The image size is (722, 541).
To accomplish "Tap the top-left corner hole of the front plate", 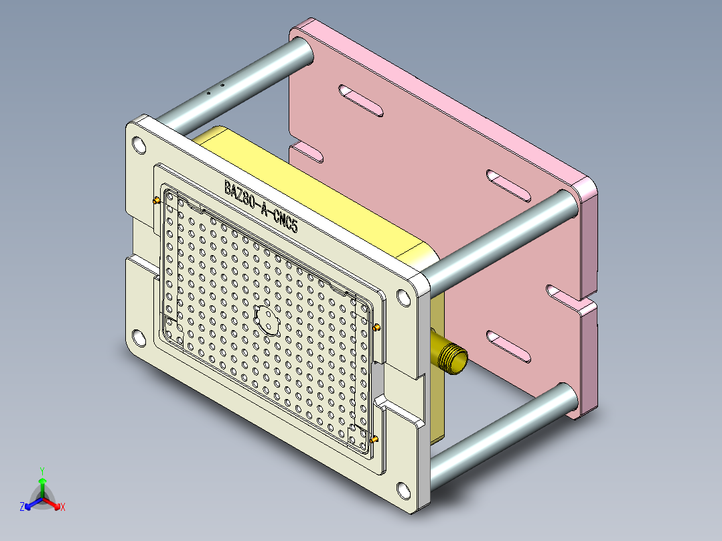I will (139, 145).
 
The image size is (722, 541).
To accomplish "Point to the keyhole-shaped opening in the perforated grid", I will (267, 319).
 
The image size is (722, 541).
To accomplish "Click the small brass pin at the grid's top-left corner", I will (156, 200).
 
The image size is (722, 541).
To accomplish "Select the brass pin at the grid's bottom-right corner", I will (374, 440).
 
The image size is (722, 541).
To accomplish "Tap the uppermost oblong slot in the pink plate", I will (361, 100).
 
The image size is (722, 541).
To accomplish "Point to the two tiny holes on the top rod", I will (214, 90).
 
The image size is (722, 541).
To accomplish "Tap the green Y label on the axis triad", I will (42, 471).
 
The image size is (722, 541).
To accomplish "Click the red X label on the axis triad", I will (63, 507).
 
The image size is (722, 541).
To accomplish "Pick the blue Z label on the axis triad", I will (22, 507).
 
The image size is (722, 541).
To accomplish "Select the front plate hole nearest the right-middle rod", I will (403, 297).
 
